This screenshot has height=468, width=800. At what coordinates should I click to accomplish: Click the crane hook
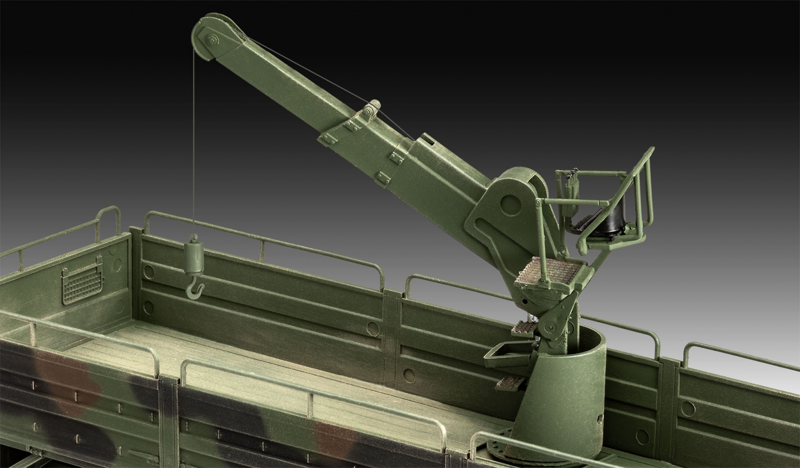pos(194,289)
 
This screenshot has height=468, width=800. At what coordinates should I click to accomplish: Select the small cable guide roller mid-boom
pos(369,112)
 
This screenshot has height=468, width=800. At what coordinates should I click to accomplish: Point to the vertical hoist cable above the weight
pos(192,150)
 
